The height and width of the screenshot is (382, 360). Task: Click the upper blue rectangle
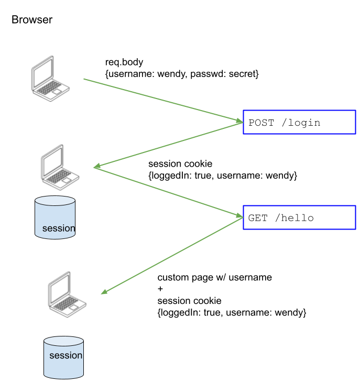tap(299, 122)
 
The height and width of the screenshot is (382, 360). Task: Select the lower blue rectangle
tap(299, 217)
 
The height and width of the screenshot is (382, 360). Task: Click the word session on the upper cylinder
tap(58, 228)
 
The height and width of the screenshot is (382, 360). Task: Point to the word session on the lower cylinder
tap(66, 355)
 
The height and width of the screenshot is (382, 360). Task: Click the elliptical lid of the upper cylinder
tap(55, 201)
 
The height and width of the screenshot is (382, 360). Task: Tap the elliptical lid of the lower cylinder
tap(63, 341)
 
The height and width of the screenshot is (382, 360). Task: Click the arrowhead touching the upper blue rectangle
tap(240, 122)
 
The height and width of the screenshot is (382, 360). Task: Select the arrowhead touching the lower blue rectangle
tap(240, 215)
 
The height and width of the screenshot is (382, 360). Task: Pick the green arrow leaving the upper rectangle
tap(168, 145)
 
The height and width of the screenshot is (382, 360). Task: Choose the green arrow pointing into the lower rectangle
tap(168, 191)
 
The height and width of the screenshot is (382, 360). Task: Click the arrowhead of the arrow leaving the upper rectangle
tap(96, 167)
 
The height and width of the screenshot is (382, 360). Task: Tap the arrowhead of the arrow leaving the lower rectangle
tap(104, 292)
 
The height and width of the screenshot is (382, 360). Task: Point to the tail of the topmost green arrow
tap(84, 79)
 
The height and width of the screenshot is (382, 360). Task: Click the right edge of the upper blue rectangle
tap(355, 122)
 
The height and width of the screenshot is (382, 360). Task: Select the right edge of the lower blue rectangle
tap(355, 217)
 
